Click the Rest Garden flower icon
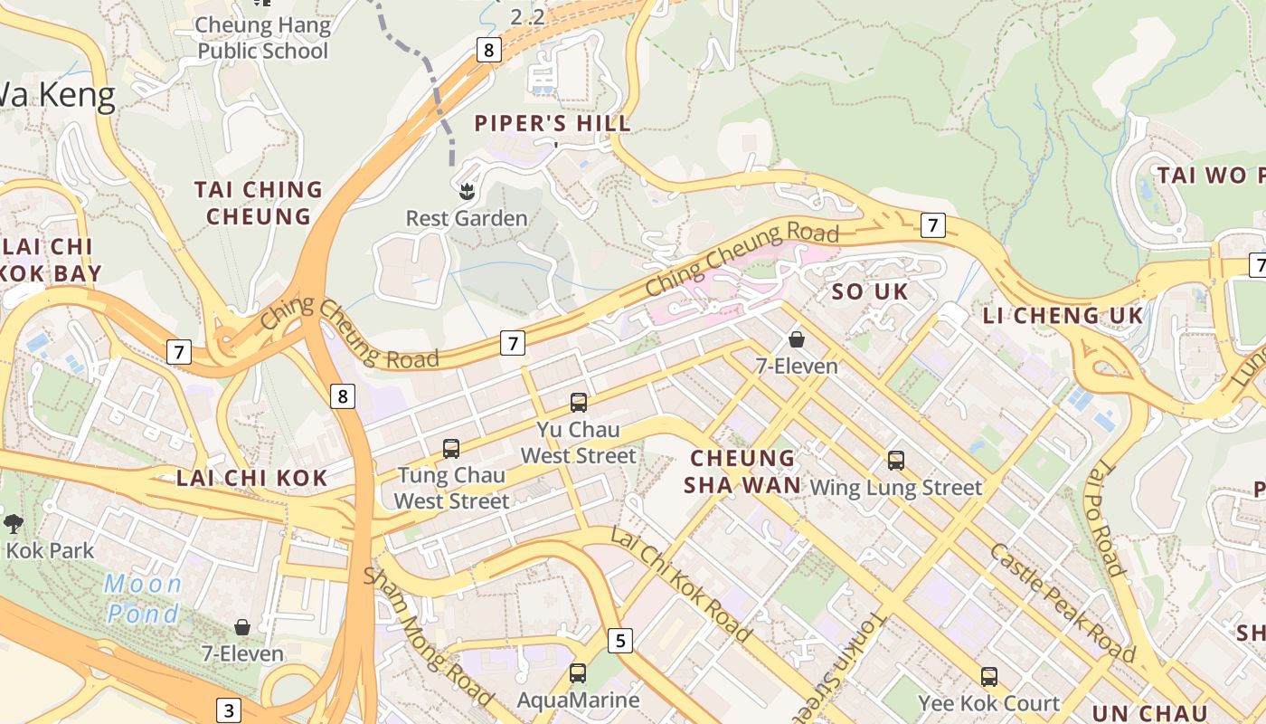pyautogui.click(x=467, y=191)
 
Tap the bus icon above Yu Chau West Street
pyautogui.click(x=578, y=403)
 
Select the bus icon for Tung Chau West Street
pyautogui.click(x=450, y=448)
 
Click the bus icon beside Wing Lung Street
pyautogui.click(x=895, y=461)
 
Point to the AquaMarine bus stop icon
pyautogui.click(x=577, y=673)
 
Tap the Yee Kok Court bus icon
pyautogui.click(x=988, y=676)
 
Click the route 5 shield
pyautogui.click(x=619, y=641)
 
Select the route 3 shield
pyautogui.click(x=229, y=710)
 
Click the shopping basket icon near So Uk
pyautogui.click(x=797, y=339)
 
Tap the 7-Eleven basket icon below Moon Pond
pyautogui.click(x=242, y=627)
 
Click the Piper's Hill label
pyautogui.click(x=553, y=124)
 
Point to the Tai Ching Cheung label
pyautogui.click(x=258, y=203)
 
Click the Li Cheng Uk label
pyautogui.click(x=1063, y=316)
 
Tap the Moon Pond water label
pyautogui.click(x=143, y=598)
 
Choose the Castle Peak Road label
pyautogui.click(x=1062, y=603)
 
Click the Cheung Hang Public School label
pyautogui.click(x=262, y=38)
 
